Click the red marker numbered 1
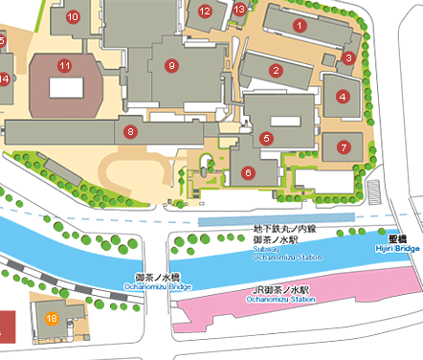(x=300, y=24)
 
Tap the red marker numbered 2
(x=276, y=70)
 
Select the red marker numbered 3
(x=349, y=57)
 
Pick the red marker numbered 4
(x=343, y=97)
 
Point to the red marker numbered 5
(x=267, y=138)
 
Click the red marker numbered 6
(x=248, y=172)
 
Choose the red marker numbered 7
(x=343, y=147)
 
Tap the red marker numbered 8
(x=130, y=130)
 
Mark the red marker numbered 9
(x=172, y=65)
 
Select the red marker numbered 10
(x=74, y=16)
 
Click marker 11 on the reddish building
(x=64, y=66)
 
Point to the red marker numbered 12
(x=205, y=11)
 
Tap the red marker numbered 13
(x=239, y=9)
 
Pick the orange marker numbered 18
(x=52, y=317)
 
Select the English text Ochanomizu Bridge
(x=158, y=285)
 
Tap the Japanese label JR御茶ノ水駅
(x=280, y=290)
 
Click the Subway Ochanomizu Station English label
(x=284, y=253)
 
